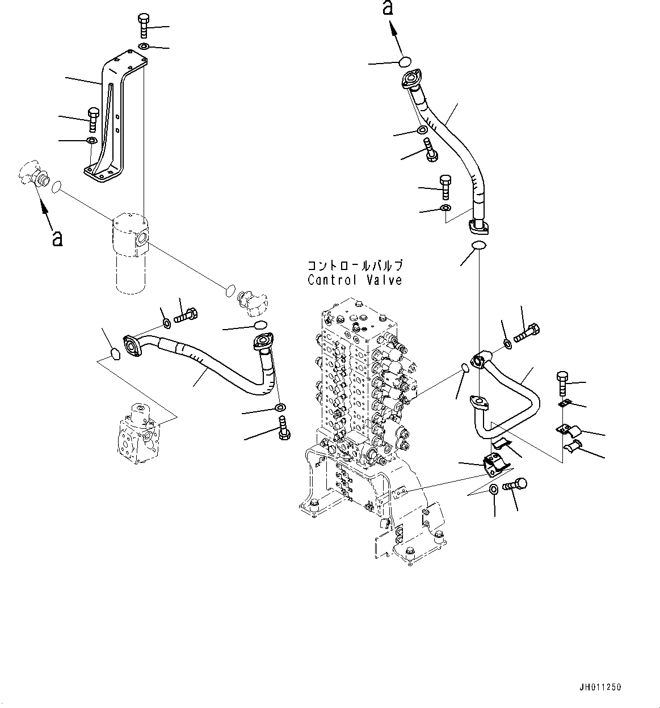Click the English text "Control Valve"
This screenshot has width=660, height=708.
click(x=355, y=280)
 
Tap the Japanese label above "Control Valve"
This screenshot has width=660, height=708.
click(x=355, y=265)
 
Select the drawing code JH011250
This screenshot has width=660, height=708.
click(x=601, y=687)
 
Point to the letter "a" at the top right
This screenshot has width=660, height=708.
click(x=388, y=8)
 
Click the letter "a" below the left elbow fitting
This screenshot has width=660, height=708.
click(x=57, y=238)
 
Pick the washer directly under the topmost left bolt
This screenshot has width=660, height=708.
click(x=144, y=46)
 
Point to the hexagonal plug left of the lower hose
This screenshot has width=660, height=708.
click(x=114, y=354)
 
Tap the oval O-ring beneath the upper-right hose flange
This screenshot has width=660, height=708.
click(x=478, y=246)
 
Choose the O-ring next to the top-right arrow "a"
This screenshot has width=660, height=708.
click(x=404, y=61)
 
